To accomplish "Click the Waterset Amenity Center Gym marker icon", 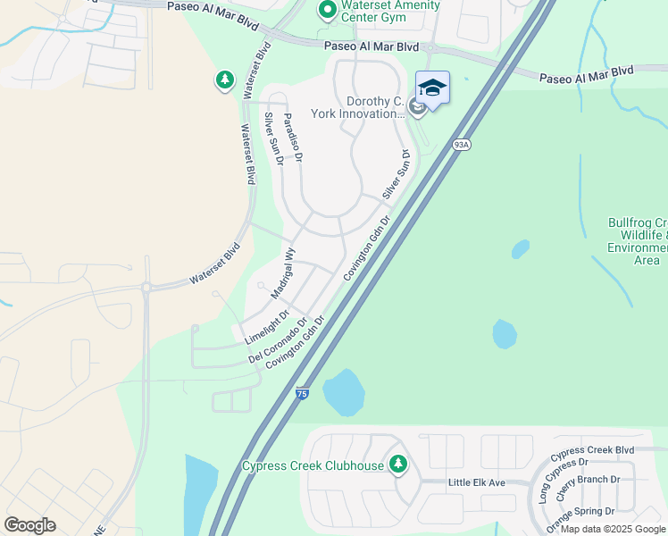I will (x=327, y=11).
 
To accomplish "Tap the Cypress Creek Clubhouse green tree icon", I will (x=398, y=465).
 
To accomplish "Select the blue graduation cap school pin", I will (x=432, y=88).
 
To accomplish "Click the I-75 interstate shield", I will (x=302, y=392).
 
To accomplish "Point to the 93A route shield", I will (x=461, y=144).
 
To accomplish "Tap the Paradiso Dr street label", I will (x=293, y=137).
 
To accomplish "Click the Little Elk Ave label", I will (x=476, y=482).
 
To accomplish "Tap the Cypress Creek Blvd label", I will (x=592, y=449).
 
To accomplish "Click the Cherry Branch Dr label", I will (x=589, y=492).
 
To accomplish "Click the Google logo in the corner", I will (x=29, y=525).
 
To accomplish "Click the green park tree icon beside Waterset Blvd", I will (x=224, y=81).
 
